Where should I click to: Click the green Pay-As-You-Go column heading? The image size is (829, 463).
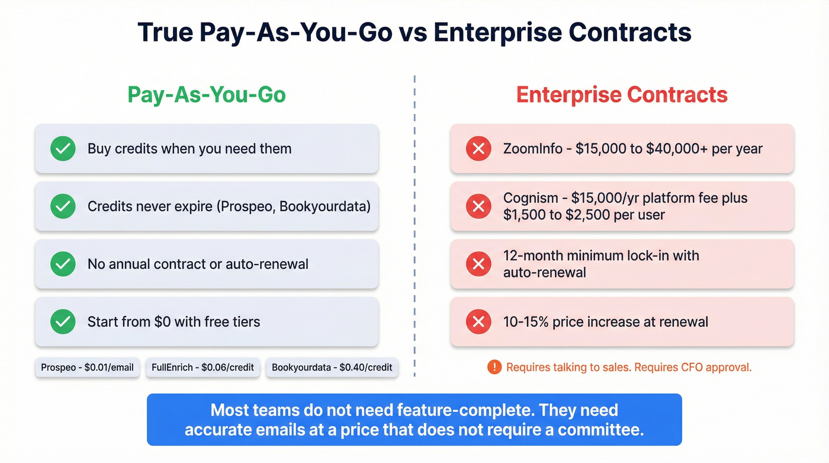tap(207, 95)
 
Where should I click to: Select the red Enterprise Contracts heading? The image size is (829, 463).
tap(622, 95)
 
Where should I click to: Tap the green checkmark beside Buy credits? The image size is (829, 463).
tap(63, 149)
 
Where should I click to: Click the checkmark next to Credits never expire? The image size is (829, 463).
tap(63, 206)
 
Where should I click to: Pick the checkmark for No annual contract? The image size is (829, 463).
tap(63, 264)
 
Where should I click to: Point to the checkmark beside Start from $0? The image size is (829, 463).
tap(63, 322)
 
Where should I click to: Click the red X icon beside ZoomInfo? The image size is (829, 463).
tap(478, 149)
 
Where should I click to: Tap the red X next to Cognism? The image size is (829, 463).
tap(478, 206)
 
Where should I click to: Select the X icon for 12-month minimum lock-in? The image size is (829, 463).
tap(478, 264)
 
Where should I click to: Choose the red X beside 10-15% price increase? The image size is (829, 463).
tap(478, 322)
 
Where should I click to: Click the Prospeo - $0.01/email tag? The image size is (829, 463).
tap(88, 368)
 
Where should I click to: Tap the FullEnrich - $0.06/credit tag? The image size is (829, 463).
tap(203, 368)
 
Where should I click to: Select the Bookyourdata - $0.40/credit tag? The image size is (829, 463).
tap(332, 368)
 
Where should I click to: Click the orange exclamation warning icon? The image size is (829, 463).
tap(494, 368)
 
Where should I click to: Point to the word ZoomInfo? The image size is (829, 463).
tap(531, 149)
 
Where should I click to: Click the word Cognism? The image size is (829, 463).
tap(529, 198)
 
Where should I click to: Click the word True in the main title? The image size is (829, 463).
tap(165, 32)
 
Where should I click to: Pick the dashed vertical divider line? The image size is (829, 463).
tap(415, 225)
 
